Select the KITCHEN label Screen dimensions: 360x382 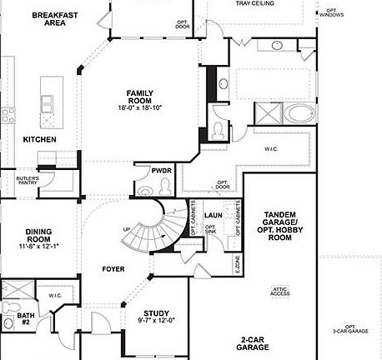tap(39, 140)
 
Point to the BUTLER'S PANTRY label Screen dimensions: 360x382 tap(28, 182)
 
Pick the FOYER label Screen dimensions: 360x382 tap(113, 268)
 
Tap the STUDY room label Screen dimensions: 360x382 tap(157, 313)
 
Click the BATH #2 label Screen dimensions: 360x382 tap(12, 320)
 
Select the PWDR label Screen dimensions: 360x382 tap(161, 170)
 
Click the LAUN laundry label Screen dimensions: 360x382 tap(213, 215)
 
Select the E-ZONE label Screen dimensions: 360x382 tap(237, 266)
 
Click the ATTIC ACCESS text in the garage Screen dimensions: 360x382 tap(279, 292)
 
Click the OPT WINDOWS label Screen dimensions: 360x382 tap(330, 12)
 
